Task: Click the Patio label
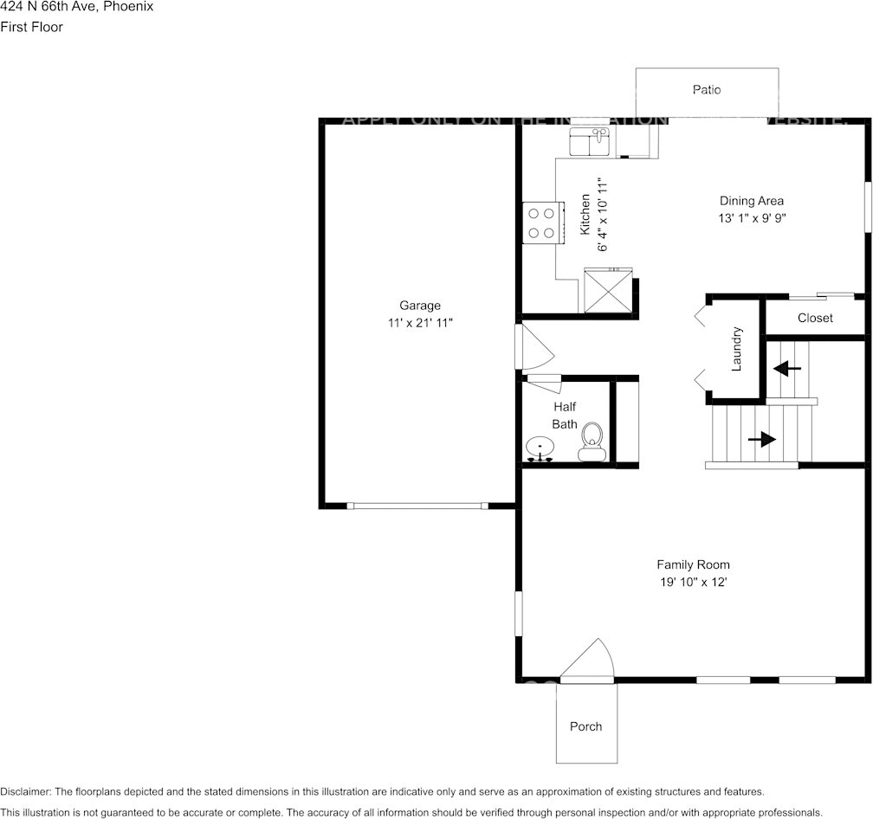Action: [706, 90]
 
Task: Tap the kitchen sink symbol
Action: [590, 142]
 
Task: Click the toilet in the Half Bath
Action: [592, 440]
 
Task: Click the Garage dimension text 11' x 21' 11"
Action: [420, 323]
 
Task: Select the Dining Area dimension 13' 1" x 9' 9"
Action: [752, 219]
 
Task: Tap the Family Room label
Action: [693, 565]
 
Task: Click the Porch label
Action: [585, 726]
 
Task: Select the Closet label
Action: [815, 318]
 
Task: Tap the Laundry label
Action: [737, 349]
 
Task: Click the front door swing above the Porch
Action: [589, 660]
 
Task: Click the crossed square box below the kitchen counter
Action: [609, 290]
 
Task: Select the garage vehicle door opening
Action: [417, 506]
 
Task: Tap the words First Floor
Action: [32, 27]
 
